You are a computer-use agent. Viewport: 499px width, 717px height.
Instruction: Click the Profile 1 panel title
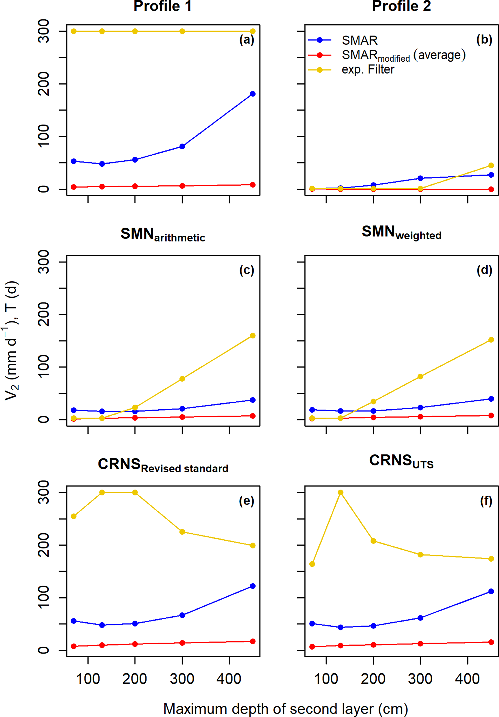click(162, 6)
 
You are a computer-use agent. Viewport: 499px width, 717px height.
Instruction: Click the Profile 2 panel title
click(401, 6)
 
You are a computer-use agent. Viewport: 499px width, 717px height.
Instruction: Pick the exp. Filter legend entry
click(368, 69)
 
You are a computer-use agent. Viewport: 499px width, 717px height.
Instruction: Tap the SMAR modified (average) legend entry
click(403, 55)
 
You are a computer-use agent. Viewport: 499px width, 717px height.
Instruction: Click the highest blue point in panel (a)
click(253, 94)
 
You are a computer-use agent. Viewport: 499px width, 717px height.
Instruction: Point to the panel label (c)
click(247, 270)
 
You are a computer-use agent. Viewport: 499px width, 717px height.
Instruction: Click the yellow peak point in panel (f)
click(341, 492)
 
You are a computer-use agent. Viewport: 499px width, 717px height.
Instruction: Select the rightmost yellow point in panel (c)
click(253, 336)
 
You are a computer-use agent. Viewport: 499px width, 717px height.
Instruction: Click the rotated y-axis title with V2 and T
click(12, 341)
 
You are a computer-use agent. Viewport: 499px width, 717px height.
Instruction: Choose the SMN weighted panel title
click(401, 233)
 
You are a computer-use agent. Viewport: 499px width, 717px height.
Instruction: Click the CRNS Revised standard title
click(163, 465)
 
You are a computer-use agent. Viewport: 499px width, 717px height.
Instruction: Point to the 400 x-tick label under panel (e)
click(229, 679)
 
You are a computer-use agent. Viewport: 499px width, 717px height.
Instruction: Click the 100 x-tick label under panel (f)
click(326, 679)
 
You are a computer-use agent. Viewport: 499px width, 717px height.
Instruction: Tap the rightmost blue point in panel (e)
click(253, 586)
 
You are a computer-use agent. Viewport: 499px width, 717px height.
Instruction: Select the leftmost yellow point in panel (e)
click(74, 516)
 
